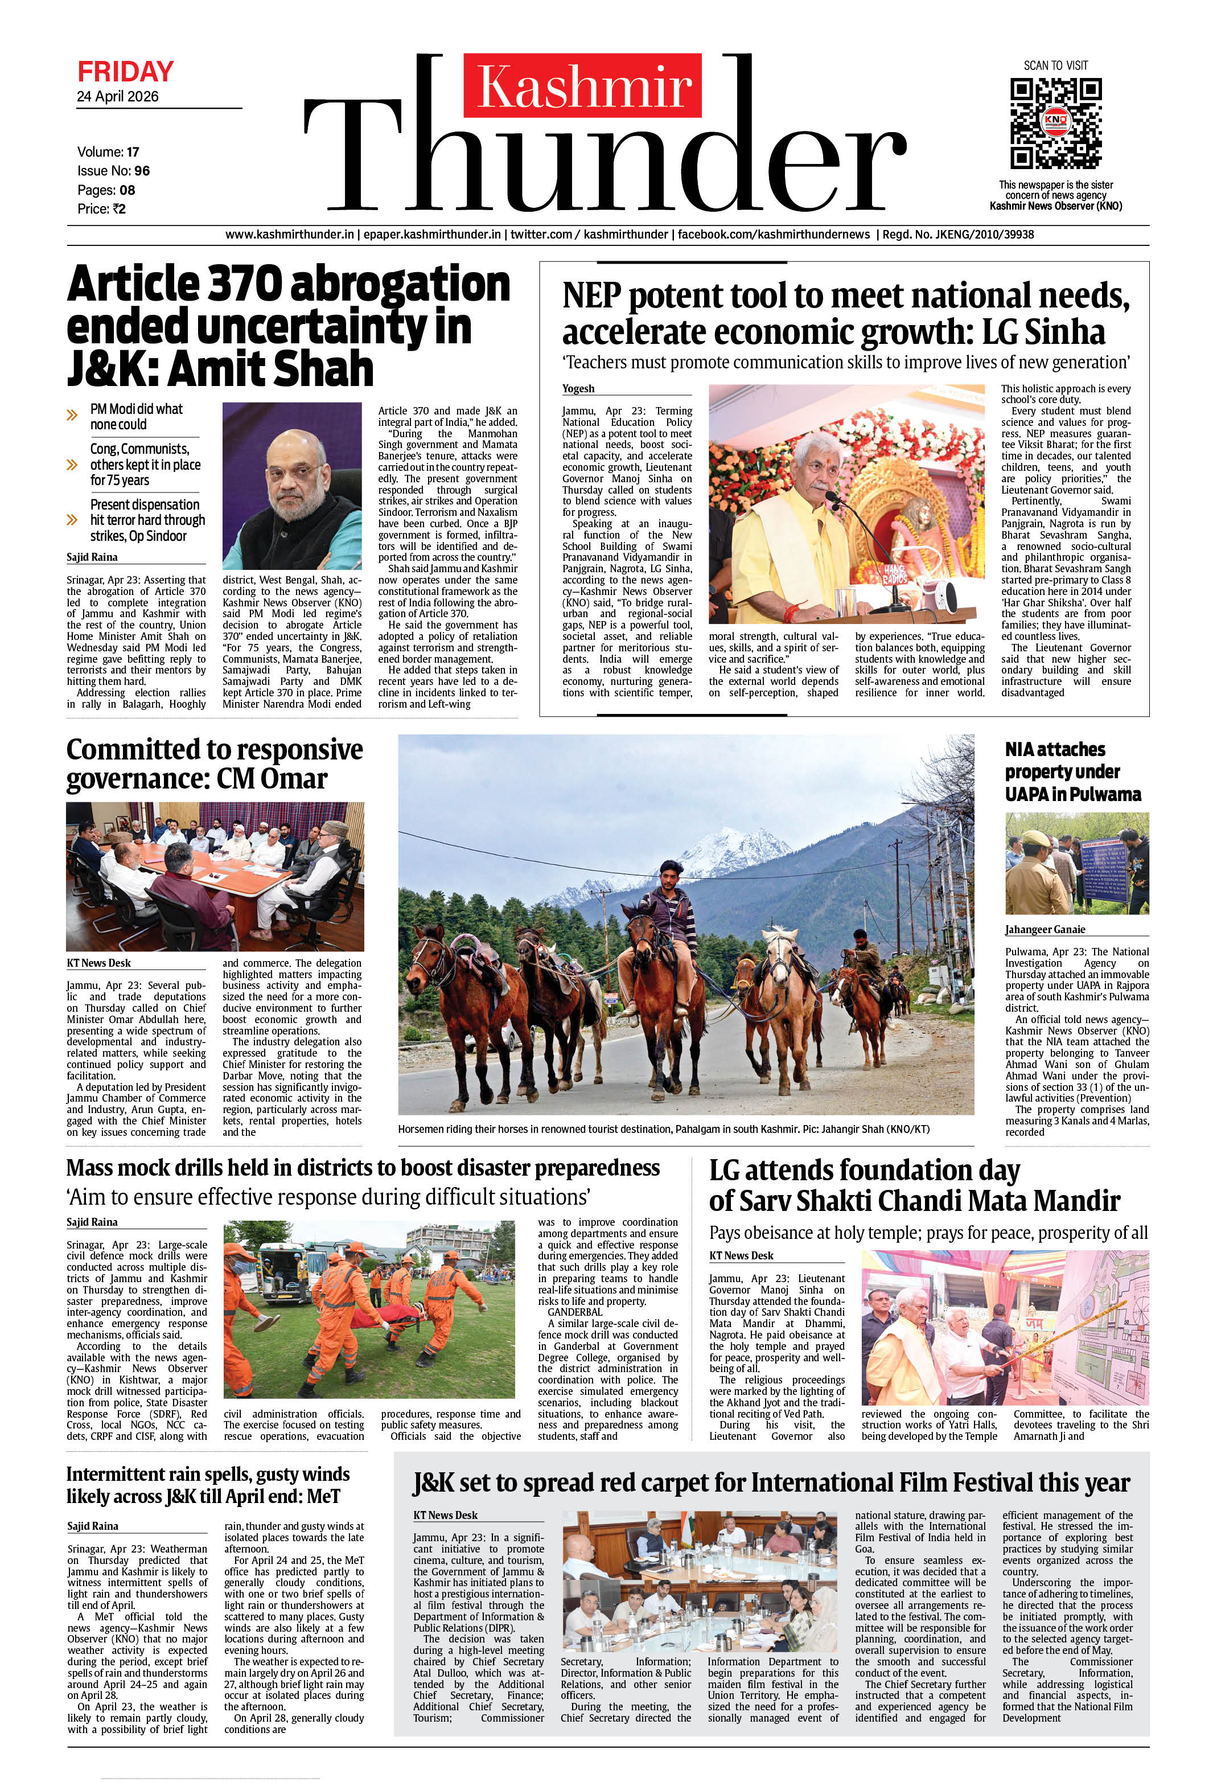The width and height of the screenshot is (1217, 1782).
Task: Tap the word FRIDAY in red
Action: (125, 72)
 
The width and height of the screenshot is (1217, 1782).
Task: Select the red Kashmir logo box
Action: (582, 85)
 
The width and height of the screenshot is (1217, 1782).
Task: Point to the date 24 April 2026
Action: (117, 97)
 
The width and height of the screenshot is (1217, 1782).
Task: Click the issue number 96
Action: (142, 171)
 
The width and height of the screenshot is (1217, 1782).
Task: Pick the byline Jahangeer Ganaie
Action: (1045, 929)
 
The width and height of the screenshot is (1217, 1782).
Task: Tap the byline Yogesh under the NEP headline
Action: (578, 389)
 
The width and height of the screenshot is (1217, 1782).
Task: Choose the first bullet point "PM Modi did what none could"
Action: (137, 416)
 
